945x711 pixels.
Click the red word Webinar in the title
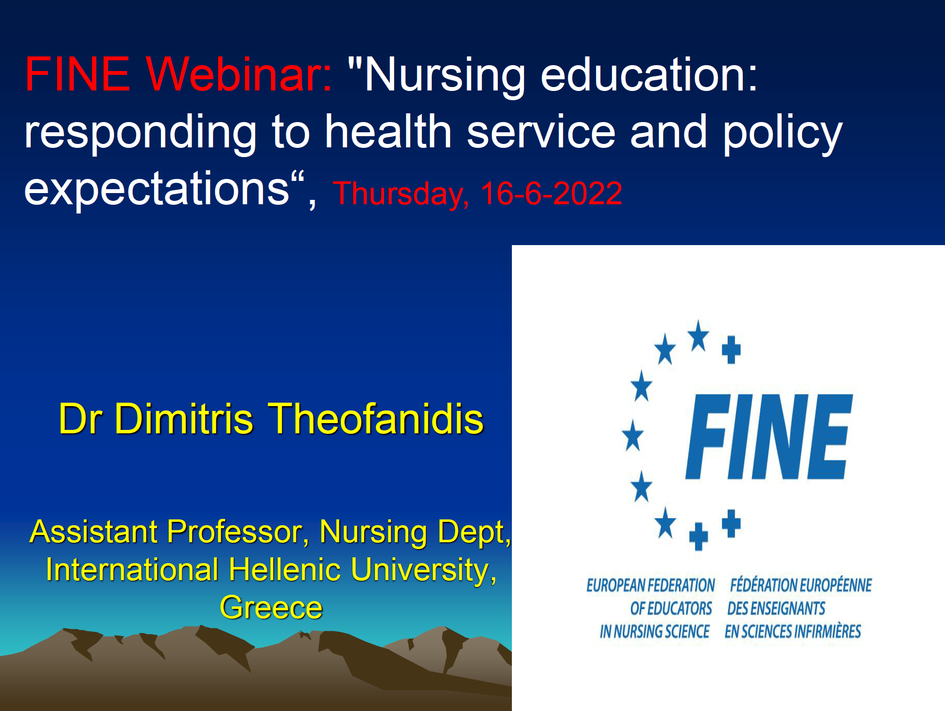[x=239, y=74]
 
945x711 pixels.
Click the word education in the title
[x=649, y=74]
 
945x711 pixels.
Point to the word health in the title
[x=388, y=131]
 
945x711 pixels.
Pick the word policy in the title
[x=783, y=134]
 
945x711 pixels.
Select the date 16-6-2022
[x=551, y=193]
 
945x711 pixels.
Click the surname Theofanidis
[x=376, y=418]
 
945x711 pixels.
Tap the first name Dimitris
[x=184, y=418]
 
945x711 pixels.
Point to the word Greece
[x=271, y=608]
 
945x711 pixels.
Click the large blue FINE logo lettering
[x=769, y=437]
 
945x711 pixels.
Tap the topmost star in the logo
[x=699, y=336]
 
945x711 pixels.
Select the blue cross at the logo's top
[x=731, y=349]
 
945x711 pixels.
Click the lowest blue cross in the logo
[x=699, y=536]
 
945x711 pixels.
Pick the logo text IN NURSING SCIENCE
[x=655, y=631]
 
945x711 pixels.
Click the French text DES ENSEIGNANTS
[x=776, y=608]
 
